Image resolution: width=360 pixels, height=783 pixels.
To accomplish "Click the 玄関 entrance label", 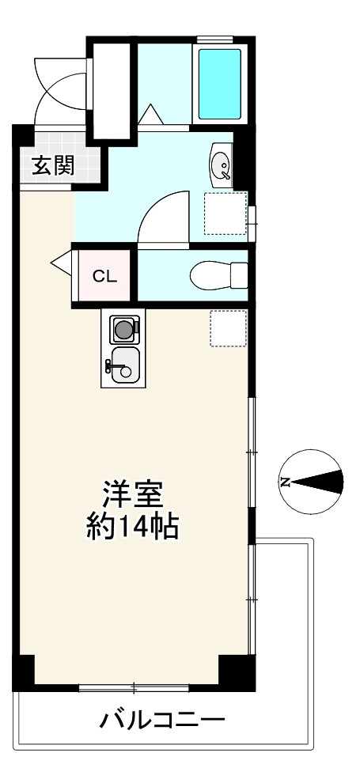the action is (53, 165).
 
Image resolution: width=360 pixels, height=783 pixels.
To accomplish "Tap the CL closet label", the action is (105, 277).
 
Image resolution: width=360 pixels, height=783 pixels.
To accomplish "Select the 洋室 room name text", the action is (132, 495).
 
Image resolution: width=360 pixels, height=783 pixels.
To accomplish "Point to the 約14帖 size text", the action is (132, 528).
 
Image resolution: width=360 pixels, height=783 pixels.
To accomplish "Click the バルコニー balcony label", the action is (163, 721).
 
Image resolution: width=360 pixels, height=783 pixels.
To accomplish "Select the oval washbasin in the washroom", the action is (220, 164).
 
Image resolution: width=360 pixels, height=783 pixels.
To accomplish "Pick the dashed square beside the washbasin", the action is (225, 214).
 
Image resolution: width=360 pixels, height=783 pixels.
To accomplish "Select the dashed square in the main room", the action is (228, 328).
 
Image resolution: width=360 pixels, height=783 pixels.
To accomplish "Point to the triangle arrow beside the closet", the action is (61, 262).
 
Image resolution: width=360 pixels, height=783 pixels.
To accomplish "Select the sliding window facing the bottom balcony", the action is (134, 688).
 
